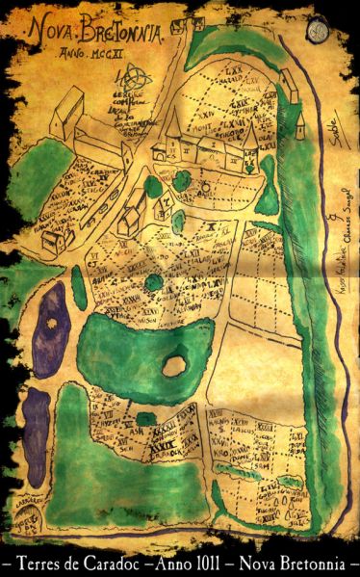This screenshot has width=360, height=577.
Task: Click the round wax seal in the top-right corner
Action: [319, 28]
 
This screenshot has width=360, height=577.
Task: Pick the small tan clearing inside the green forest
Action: [174, 365]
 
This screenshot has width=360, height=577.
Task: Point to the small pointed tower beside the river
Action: [296, 119]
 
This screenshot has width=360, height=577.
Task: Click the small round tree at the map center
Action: [153, 281]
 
